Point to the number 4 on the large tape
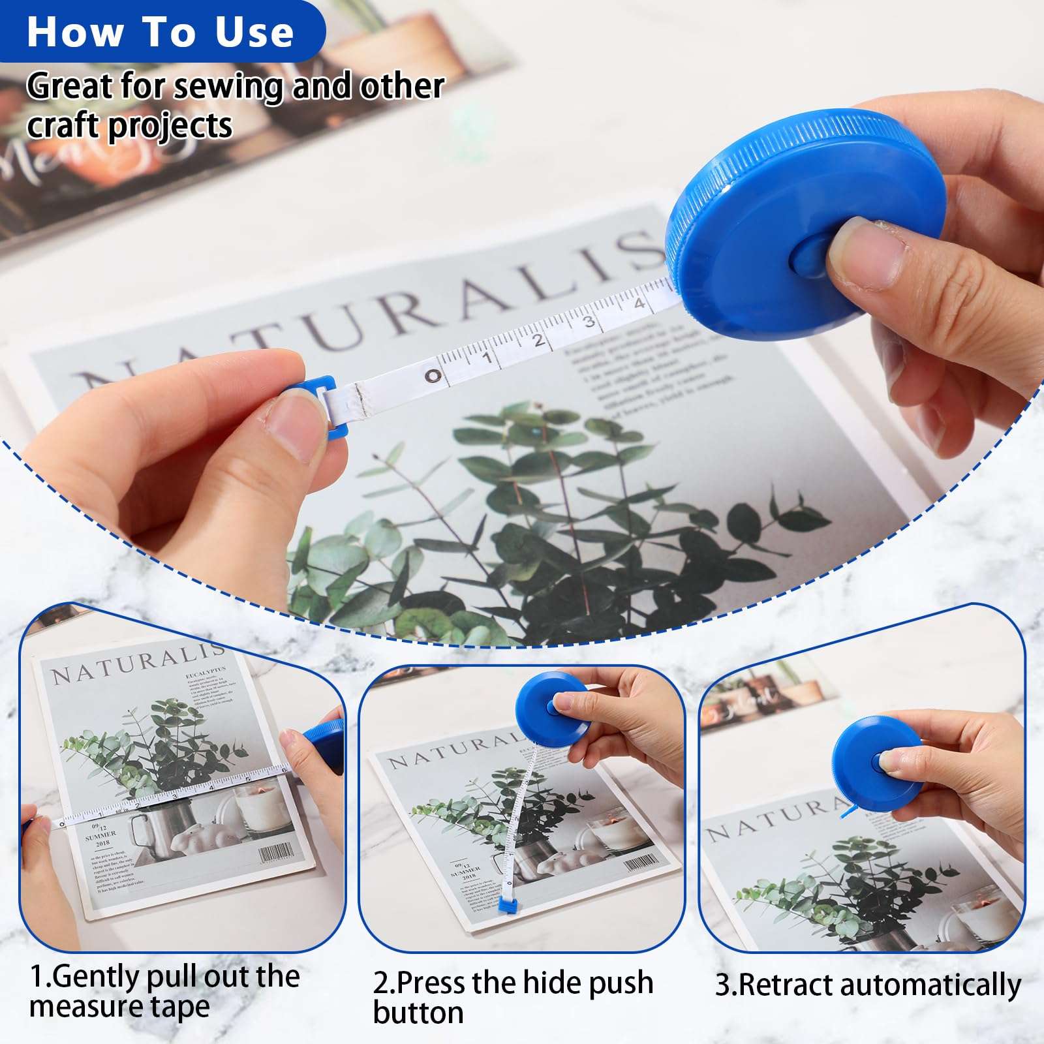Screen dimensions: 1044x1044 tap(639, 303)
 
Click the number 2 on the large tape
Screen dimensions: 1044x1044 tap(538, 340)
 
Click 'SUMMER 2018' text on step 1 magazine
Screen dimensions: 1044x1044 tap(101, 838)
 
